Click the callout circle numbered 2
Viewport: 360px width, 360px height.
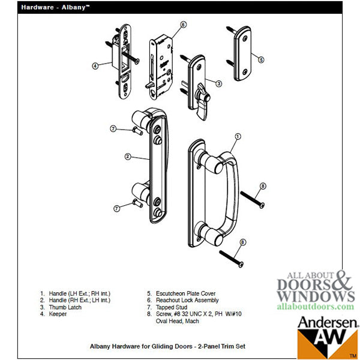click(128, 157)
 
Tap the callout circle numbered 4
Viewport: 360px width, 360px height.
click(95, 65)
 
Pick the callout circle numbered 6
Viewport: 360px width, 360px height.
click(184, 25)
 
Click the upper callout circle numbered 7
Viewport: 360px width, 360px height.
click(113, 128)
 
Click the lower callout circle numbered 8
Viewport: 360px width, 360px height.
click(242, 242)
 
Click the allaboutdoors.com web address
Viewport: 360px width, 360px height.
click(315, 306)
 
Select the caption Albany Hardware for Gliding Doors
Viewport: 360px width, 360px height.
click(167, 347)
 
